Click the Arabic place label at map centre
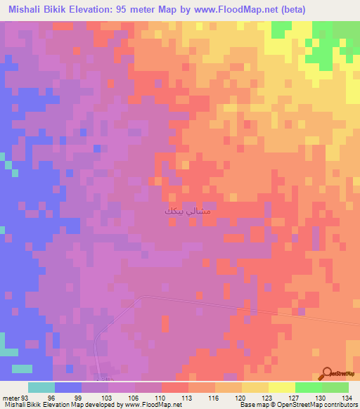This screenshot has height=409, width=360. tap(187, 211)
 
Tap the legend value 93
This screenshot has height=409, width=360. tap(26, 397)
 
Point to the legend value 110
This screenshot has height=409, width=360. tap(161, 397)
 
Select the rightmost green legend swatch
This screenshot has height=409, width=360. tap(335, 387)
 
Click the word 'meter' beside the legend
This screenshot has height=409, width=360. tap(10, 397)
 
